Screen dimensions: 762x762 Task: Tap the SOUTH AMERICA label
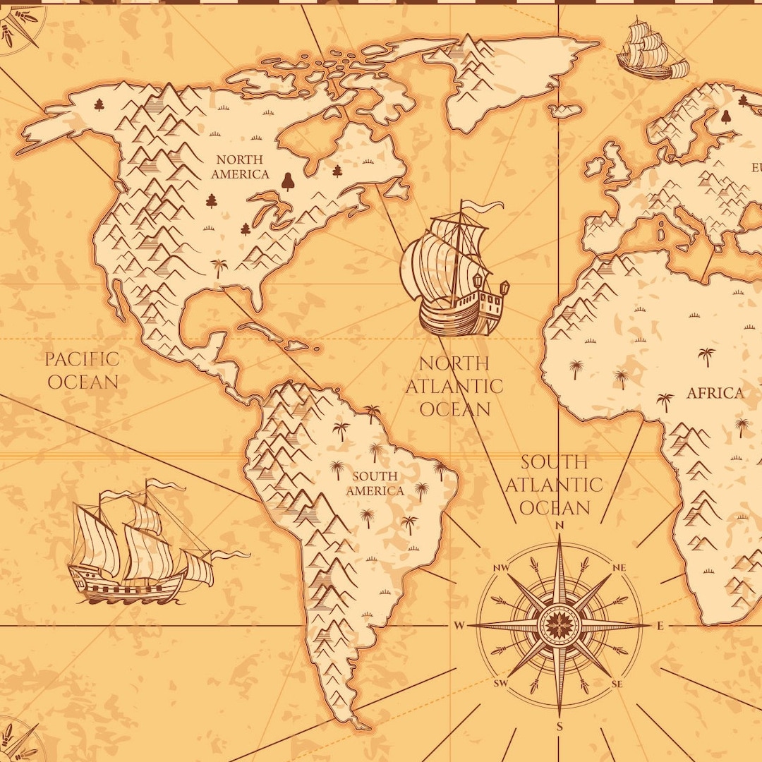click(x=375, y=483)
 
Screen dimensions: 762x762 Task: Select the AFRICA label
click(x=715, y=393)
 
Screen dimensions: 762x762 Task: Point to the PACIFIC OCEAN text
click(x=82, y=370)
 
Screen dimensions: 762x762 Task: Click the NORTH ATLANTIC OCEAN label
click(x=454, y=386)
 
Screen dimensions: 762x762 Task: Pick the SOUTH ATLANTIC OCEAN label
click(x=554, y=485)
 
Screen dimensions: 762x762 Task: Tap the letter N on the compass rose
click(x=560, y=525)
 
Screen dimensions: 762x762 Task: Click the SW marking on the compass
click(x=501, y=683)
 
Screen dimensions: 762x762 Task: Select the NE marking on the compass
click(x=619, y=568)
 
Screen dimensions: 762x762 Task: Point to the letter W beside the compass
click(x=459, y=625)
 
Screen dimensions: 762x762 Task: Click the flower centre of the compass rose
click(x=560, y=625)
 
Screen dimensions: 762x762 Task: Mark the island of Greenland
click(x=508, y=71)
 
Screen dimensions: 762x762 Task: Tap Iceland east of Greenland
click(x=567, y=111)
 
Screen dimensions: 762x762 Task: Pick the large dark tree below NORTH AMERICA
click(x=287, y=181)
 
